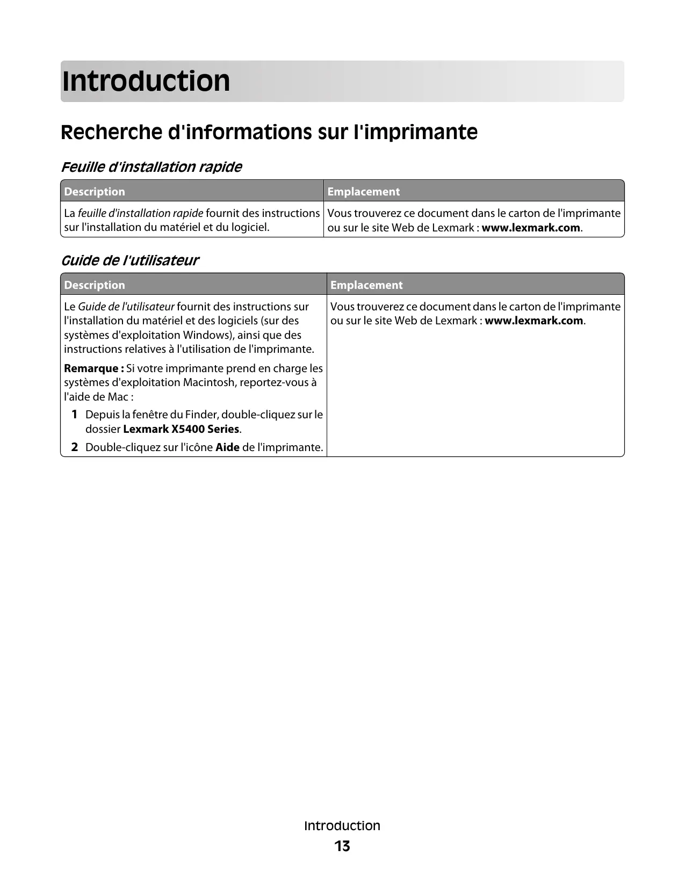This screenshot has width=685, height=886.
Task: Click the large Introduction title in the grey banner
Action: (x=146, y=81)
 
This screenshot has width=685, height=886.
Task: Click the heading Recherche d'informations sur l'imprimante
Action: (x=269, y=132)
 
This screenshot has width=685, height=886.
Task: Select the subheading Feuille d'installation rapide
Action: (x=152, y=167)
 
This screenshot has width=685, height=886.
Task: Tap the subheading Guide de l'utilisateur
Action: (x=129, y=260)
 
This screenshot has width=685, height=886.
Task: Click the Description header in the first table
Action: (x=95, y=192)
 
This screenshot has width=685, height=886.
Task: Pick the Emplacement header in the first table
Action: (x=363, y=192)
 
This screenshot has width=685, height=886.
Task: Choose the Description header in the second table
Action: (x=95, y=285)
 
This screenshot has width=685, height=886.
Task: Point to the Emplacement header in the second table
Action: (x=366, y=285)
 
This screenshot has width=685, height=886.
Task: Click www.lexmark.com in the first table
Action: (x=531, y=228)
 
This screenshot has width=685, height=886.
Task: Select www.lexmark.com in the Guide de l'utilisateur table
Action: (x=533, y=321)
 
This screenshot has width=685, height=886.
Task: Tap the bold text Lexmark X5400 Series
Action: (x=181, y=429)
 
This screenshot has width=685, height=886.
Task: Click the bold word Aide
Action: (x=227, y=447)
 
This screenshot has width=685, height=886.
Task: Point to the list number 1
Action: (x=75, y=415)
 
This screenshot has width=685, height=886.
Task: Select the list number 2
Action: (x=75, y=447)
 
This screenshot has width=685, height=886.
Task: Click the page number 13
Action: (x=342, y=846)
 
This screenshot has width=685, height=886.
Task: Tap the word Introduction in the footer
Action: (x=342, y=826)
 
